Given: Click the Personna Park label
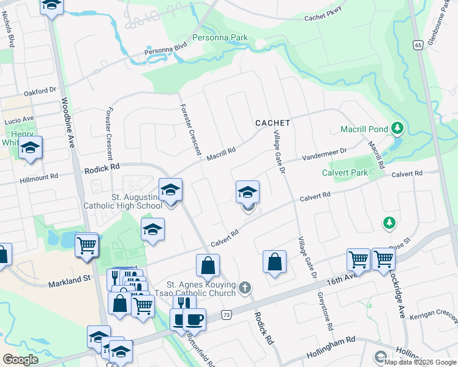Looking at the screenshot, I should tap(220, 38).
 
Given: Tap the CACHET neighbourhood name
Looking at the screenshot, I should tap(272, 123).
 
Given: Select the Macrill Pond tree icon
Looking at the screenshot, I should tap(397, 128).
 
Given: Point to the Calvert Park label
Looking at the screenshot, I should tap(345, 172).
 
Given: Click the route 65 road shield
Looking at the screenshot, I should tap(418, 45).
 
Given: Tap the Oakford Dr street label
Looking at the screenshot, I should tap(40, 92).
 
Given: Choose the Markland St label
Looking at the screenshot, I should tap(69, 279).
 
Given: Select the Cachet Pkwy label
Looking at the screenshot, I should tap(323, 17).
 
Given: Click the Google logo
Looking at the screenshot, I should tap(20, 360).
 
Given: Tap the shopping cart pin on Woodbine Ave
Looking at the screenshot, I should tap(86, 245).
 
